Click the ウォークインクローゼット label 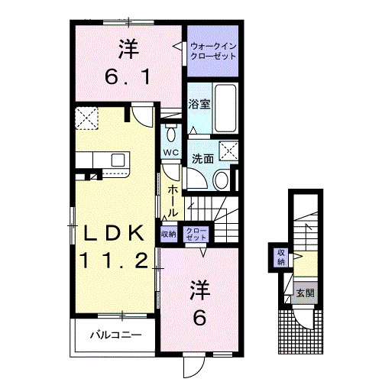(213, 52)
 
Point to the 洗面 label (202, 159)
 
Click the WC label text (170, 153)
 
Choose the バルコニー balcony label (115, 335)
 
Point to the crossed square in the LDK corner (86, 118)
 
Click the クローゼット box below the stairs (196, 235)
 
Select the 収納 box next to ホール (169, 235)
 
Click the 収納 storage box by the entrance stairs (280, 257)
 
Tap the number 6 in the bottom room (199, 319)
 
